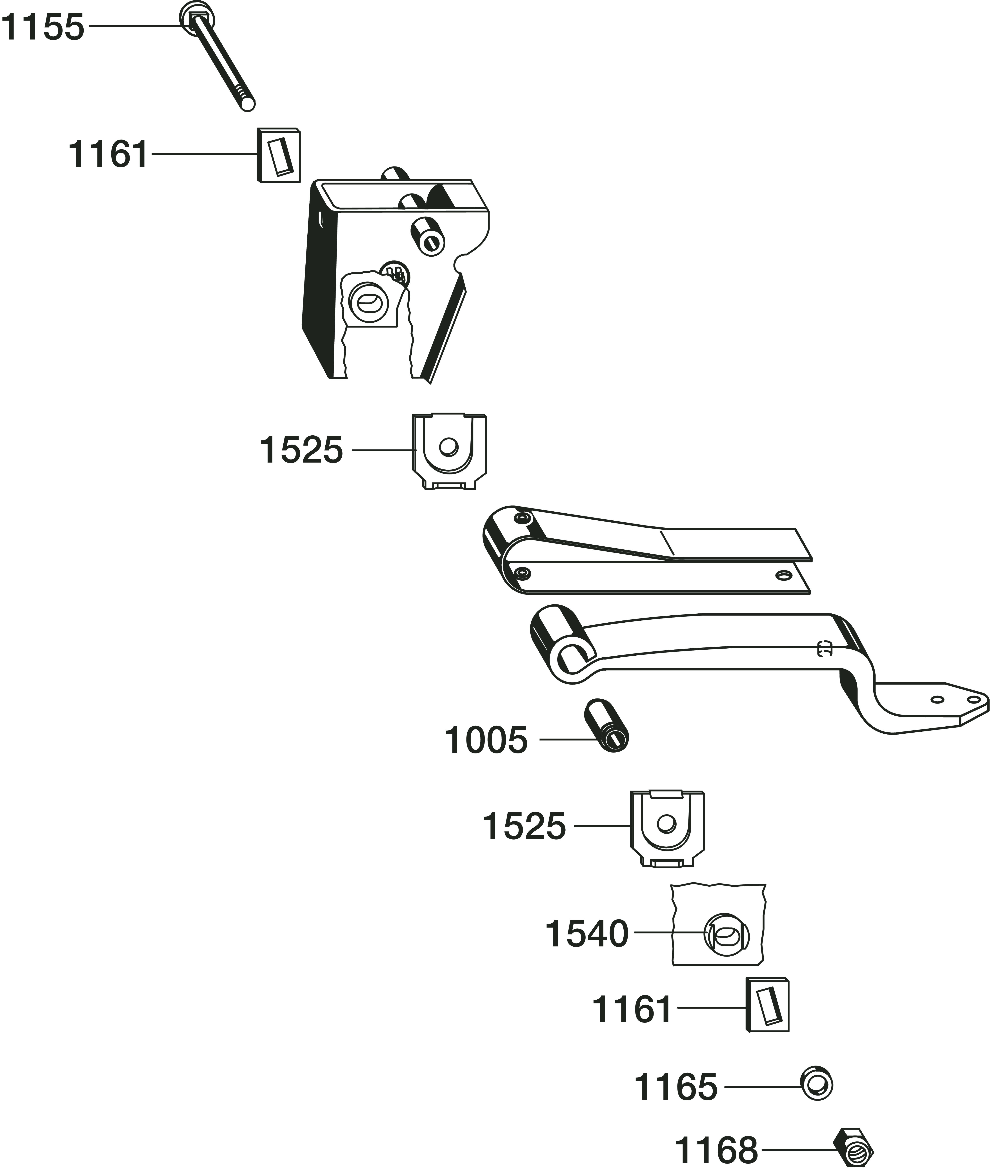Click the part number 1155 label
[x=43, y=27]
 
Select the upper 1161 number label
[x=108, y=154]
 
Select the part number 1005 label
[x=486, y=740]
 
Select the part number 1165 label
[x=676, y=1087]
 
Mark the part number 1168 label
[x=716, y=1149]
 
